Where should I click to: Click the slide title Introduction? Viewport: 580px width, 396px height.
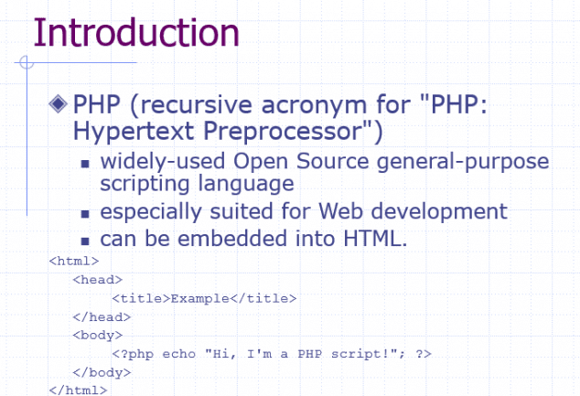click(136, 33)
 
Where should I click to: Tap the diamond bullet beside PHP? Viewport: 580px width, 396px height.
click(58, 103)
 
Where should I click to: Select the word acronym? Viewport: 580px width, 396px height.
click(314, 106)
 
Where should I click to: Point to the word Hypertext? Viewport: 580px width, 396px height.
click(134, 132)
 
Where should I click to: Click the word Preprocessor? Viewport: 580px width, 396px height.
click(283, 132)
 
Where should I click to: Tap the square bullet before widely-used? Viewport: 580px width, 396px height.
click(85, 164)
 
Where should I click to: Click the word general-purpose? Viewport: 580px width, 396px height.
click(463, 163)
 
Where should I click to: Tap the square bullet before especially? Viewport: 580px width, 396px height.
click(85, 214)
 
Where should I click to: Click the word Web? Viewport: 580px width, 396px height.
click(340, 211)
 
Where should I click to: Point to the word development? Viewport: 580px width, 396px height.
click(439, 212)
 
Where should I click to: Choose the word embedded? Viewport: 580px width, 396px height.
click(232, 238)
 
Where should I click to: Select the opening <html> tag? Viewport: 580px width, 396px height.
click(74, 261)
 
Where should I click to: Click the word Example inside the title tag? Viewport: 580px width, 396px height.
click(199, 298)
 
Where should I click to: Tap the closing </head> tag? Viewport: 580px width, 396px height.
click(102, 316)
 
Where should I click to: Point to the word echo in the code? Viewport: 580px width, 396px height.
click(179, 354)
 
